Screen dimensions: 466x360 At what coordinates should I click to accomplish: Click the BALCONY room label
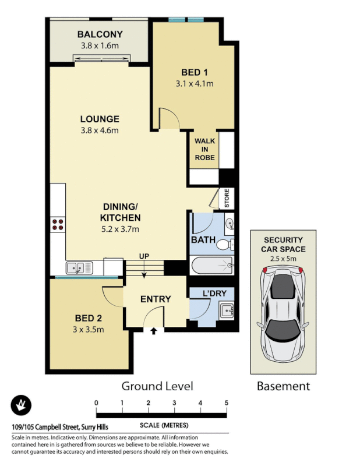[99, 34]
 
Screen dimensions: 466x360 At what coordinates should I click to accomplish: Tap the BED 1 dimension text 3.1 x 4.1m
[195, 83]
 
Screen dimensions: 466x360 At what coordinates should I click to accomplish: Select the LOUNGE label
[100, 119]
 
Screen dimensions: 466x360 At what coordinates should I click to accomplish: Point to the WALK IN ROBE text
[204, 149]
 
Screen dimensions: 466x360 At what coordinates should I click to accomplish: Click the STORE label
[227, 199]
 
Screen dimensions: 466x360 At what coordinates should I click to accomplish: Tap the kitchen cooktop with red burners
[57, 225]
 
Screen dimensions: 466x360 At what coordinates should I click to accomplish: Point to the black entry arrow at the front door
[154, 331]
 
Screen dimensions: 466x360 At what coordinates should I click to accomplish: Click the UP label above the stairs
[144, 256]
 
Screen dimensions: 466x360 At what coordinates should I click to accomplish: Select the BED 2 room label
[89, 318]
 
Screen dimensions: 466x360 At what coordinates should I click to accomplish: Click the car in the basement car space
[283, 315]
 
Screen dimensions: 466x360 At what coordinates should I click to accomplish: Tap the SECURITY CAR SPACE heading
[283, 244]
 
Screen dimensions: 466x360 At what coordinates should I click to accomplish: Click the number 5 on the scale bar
[226, 403]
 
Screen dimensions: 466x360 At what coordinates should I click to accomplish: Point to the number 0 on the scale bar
[96, 403]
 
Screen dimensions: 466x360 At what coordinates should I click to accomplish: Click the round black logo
[22, 405]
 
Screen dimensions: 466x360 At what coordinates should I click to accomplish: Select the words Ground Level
[157, 386]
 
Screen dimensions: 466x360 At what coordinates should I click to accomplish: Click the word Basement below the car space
[283, 386]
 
